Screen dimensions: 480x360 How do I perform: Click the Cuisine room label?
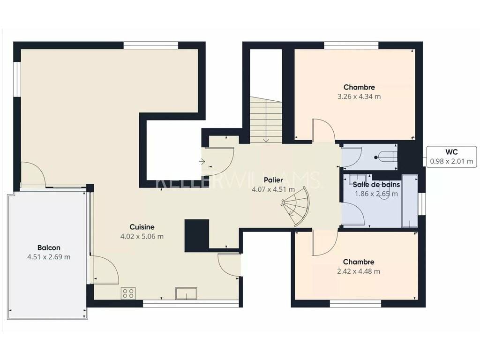(x=142, y=227)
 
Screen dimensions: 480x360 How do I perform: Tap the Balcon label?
(x=49, y=247)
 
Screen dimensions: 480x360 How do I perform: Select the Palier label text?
(x=273, y=180)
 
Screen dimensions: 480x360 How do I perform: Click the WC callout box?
(x=452, y=157)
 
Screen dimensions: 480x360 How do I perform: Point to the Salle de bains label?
(x=376, y=185)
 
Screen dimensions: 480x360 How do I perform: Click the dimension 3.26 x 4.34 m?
(x=359, y=97)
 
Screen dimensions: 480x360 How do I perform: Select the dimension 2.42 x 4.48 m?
(x=359, y=271)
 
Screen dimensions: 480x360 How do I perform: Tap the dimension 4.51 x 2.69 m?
(x=49, y=257)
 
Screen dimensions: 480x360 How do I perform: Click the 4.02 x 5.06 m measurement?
(x=142, y=236)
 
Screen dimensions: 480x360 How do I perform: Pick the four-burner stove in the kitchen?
(x=128, y=293)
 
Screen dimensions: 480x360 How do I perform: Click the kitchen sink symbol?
(x=186, y=293)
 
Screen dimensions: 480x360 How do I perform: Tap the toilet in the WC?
(x=388, y=157)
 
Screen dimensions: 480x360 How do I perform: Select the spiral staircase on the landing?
(x=296, y=206)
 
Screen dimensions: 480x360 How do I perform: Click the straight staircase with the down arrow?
(x=266, y=120)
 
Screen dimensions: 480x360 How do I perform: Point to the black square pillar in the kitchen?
(x=197, y=235)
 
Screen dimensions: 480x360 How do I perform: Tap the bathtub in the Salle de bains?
(x=410, y=201)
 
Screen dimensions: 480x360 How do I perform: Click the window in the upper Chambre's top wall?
(x=352, y=45)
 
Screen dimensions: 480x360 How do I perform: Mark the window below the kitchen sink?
(x=191, y=303)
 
